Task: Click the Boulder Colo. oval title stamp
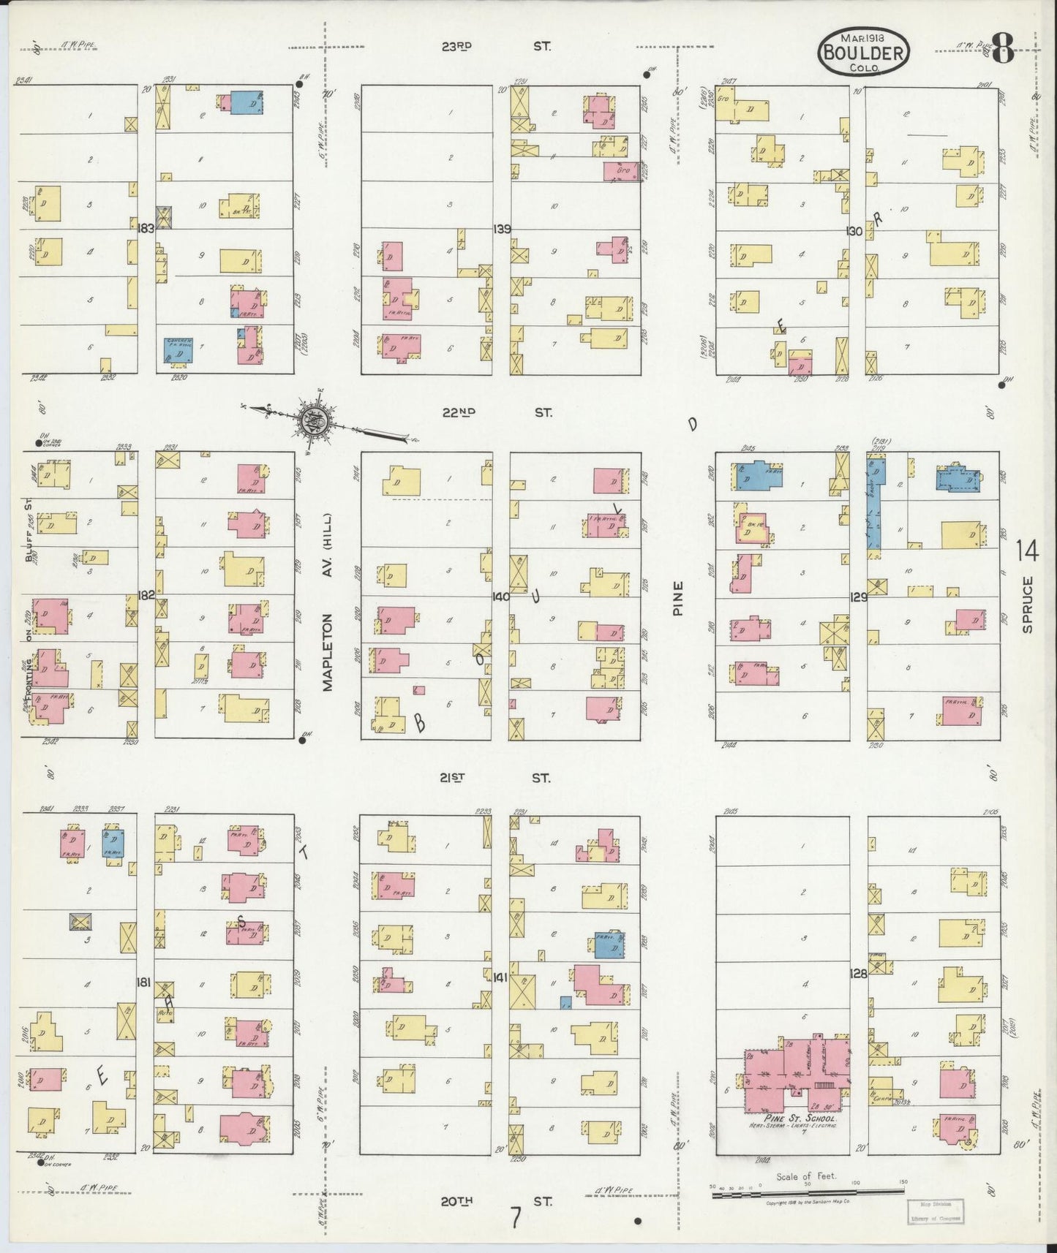click(864, 52)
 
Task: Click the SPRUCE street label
click(1028, 604)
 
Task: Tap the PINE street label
click(677, 597)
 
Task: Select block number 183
click(146, 228)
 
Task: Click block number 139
click(502, 230)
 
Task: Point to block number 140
click(500, 597)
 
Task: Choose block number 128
click(859, 974)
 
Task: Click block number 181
click(143, 983)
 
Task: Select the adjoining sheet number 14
click(1026, 551)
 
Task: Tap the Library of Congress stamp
click(936, 1211)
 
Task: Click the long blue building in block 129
click(873, 502)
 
